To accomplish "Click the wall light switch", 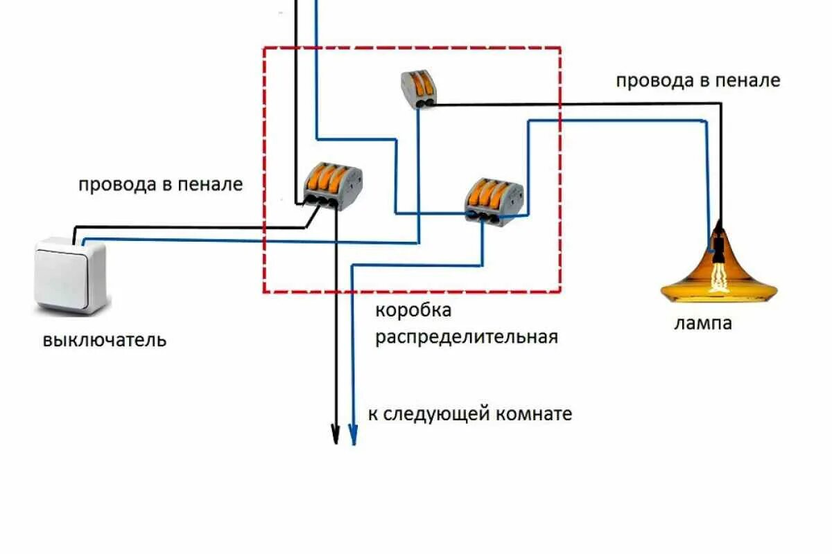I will pyautogui.click(x=72, y=275).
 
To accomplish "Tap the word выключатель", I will pyautogui.click(x=105, y=341).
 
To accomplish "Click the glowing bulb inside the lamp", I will pyautogui.click(x=719, y=277).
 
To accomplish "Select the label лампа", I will pyautogui.click(x=703, y=323).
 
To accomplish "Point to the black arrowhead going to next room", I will pyautogui.click(x=336, y=434).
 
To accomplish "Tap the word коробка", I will pyautogui.click(x=413, y=310).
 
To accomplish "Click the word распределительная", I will pyautogui.click(x=467, y=337).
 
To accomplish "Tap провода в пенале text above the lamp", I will pyautogui.click(x=698, y=80).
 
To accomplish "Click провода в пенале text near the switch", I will pyautogui.click(x=161, y=185).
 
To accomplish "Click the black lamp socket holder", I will pyautogui.click(x=720, y=244).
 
